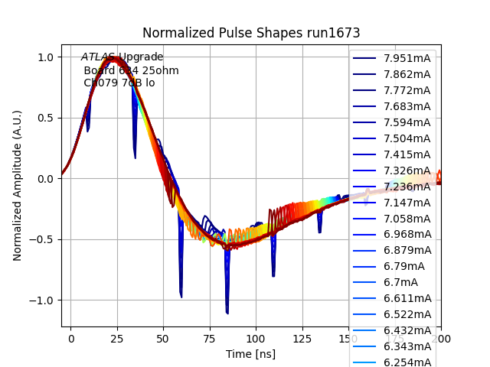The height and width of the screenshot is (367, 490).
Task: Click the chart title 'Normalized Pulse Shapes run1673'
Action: pos(251,33)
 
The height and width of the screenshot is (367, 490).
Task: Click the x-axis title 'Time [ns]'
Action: pos(250,354)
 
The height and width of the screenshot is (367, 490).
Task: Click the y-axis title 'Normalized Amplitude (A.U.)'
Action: pos(17,186)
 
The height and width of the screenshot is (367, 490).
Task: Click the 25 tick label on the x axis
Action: pos(117,338)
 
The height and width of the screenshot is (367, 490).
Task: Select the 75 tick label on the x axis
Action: pos(209,338)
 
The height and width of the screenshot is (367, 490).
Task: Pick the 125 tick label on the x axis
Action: pos(302,338)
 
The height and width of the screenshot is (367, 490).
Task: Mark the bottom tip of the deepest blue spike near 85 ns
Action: pos(227,313)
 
